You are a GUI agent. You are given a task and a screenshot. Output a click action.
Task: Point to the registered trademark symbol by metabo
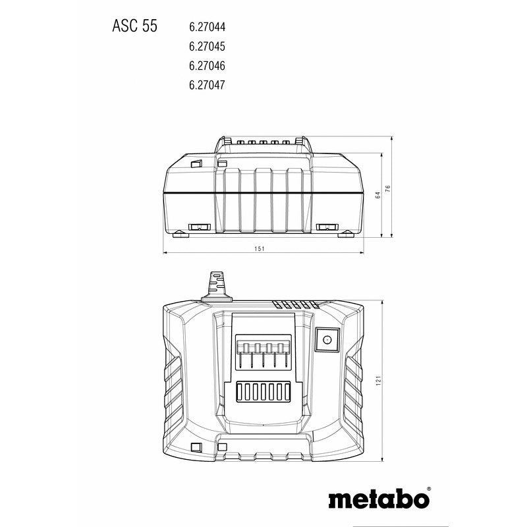click(x=429, y=489)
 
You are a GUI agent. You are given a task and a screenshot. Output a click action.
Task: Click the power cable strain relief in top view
click(x=215, y=285)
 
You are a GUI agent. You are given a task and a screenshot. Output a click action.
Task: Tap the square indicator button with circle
click(x=326, y=341)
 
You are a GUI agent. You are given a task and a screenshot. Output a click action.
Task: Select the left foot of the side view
click(x=179, y=233)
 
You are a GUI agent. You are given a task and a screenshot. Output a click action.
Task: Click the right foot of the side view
click(x=345, y=233)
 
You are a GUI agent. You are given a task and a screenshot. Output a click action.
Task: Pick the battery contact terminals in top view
click(x=263, y=355)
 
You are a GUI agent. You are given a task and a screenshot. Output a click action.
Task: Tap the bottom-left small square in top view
click(x=195, y=447)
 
